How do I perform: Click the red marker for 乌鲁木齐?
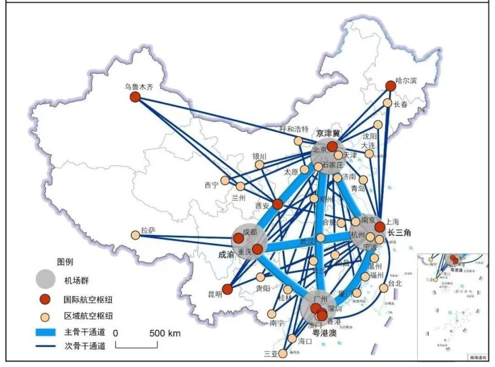(135, 97)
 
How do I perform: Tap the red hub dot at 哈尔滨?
(391, 86)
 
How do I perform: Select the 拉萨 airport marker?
(136, 235)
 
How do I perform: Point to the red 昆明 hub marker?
(227, 290)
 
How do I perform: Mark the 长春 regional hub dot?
(387, 103)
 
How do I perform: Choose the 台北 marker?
(383, 288)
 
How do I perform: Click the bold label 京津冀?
(328, 133)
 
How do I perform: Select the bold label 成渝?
(226, 254)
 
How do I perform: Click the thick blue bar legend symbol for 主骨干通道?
(45, 332)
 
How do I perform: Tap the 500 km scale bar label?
(165, 333)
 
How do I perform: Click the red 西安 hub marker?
(277, 204)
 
